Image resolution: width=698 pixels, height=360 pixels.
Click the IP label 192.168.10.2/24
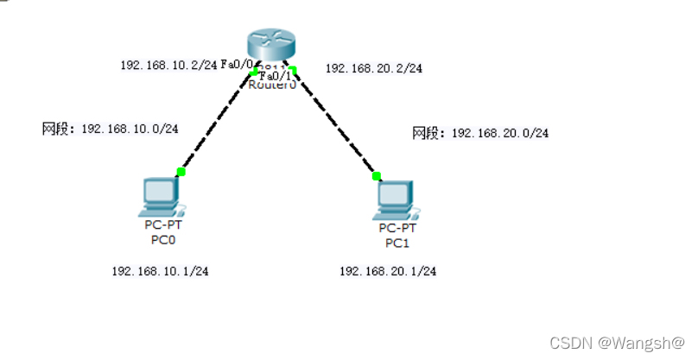point(168,65)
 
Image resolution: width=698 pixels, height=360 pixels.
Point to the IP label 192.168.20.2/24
point(373,68)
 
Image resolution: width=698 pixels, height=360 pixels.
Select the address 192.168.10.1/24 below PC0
point(160,271)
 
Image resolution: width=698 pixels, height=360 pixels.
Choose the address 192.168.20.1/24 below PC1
point(388,271)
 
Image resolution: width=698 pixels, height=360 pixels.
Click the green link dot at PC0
point(181,172)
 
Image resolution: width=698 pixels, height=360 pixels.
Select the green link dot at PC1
point(377,176)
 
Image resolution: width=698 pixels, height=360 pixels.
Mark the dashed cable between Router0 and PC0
point(217,122)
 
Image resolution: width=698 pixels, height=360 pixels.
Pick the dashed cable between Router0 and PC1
point(335,123)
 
